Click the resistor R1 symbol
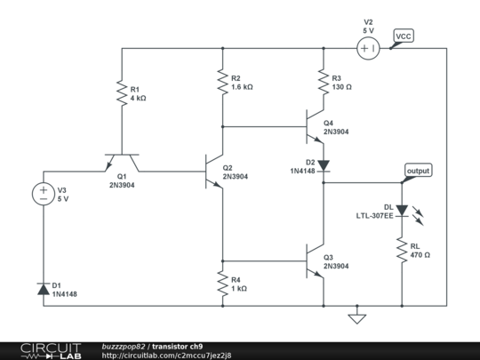[120, 93]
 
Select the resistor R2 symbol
[222, 83]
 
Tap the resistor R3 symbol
[323, 82]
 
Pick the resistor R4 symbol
[222, 284]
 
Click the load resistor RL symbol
[402, 250]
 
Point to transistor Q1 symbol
[120, 163]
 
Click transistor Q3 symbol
[316, 260]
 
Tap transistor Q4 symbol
[316, 126]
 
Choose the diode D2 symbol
[323, 164]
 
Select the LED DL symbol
[402, 211]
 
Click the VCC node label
[404, 36]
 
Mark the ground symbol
[357, 317]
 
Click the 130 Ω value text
[342, 87]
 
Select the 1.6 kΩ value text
[243, 87]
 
